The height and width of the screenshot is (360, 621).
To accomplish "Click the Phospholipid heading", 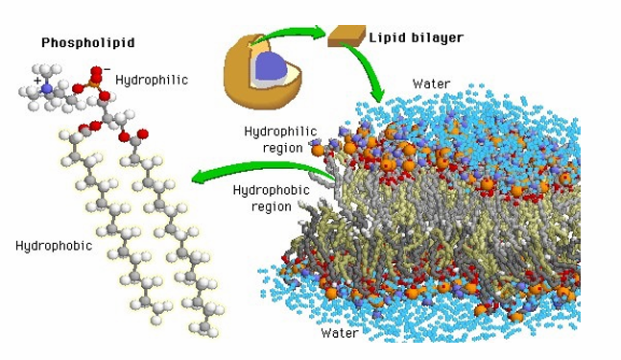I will (x=85, y=43).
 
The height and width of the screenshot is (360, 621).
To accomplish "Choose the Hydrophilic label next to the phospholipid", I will (x=152, y=80).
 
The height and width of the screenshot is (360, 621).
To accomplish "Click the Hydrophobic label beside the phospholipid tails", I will (x=54, y=246).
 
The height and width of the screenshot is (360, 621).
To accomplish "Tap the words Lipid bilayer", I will (x=416, y=38).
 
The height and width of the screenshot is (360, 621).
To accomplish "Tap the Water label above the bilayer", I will (x=432, y=84).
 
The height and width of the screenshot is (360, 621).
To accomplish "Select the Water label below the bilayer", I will (x=340, y=333).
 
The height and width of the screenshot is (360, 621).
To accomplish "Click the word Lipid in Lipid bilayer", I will (x=386, y=38).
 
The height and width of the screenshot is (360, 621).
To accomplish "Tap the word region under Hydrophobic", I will (x=271, y=206).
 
